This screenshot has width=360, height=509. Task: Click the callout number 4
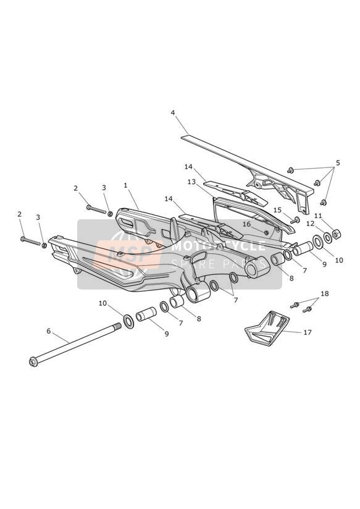(x=173, y=112)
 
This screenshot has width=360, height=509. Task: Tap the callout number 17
(x=308, y=332)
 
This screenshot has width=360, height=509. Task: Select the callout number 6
(x=49, y=331)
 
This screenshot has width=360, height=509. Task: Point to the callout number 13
(x=191, y=182)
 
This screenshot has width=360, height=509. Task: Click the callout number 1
(x=125, y=185)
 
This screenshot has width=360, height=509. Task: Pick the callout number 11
(x=318, y=216)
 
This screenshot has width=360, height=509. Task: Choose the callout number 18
(x=325, y=293)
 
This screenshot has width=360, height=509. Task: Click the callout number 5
(x=338, y=162)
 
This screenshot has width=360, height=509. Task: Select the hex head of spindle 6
(x=33, y=362)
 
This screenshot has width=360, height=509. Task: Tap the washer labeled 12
(x=327, y=238)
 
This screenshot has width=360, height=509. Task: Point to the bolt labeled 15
(x=295, y=221)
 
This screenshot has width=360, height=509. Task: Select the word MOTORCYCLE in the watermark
(x=218, y=246)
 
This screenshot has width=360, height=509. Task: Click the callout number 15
(x=277, y=210)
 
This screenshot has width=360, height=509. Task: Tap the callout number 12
(x=311, y=224)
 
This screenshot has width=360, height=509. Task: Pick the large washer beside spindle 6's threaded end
(x=129, y=321)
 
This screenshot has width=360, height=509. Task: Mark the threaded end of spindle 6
(x=117, y=326)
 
